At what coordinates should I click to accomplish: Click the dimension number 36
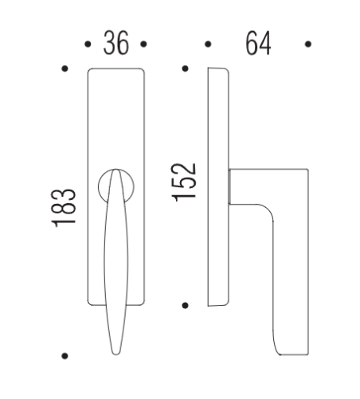(x=115, y=45)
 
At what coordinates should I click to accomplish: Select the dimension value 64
(x=257, y=45)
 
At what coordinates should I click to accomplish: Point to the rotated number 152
(x=184, y=182)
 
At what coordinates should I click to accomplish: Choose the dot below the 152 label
(x=185, y=305)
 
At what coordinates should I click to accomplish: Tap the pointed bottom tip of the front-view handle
(x=115, y=351)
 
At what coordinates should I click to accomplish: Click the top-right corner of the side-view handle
(x=306, y=170)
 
